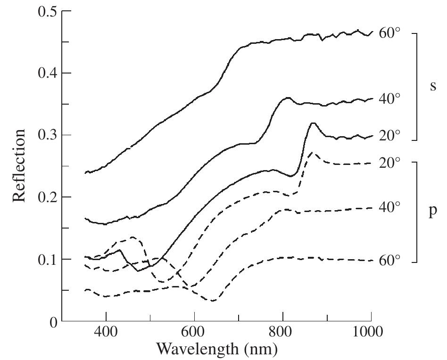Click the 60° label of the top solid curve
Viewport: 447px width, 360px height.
[x=389, y=33]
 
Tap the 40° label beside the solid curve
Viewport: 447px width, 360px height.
[x=389, y=98]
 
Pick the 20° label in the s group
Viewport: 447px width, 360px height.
[x=389, y=135]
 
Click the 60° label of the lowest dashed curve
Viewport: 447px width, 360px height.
[x=389, y=260]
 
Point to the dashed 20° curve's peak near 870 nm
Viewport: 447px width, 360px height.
[x=312, y=153]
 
